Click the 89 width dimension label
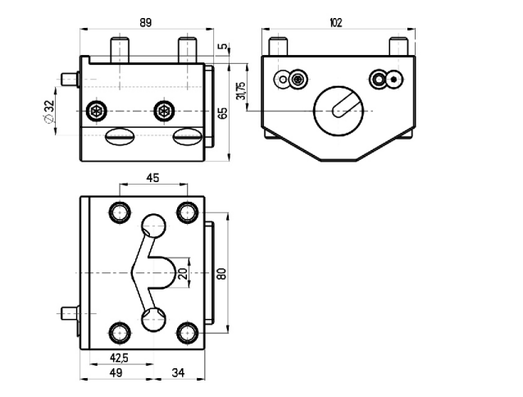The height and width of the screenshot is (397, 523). click(146, 23)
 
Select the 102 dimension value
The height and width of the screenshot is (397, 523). click(335, 23)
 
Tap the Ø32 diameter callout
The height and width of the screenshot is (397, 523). click(48, 111)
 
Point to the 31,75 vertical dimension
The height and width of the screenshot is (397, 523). click(240, 90)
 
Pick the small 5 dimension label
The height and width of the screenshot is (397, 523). click(224, 47)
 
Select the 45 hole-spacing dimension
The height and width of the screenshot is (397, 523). click(152, 178)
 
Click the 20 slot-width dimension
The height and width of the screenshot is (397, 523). click(183, 273)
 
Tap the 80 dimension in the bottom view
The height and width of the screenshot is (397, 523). click(222, 274)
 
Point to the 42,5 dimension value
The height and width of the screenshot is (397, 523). click(119, 358)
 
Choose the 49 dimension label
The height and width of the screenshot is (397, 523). click(116, 372)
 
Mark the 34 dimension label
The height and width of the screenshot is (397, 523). click(179, 372)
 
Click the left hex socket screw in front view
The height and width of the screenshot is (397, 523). click(97, 111)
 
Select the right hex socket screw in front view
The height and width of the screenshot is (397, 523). click(164, 111)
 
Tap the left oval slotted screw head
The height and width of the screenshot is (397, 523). click(120, 136)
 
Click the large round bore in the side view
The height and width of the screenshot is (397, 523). click(339, 111)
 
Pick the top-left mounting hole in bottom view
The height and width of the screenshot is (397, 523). click(120, 212)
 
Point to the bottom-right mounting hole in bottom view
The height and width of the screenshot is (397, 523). click(188, 333)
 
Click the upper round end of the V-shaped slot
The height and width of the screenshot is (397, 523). click(153, 226)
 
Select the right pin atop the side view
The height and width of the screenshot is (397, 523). click(399, 46)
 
